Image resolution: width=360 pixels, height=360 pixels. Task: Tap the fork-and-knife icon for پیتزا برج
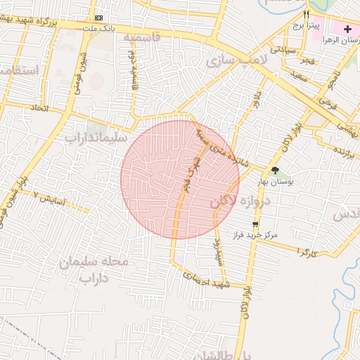point(306,15)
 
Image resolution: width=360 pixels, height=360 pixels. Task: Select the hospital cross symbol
point(347,29)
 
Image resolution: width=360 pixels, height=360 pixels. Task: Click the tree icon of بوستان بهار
point(275,170)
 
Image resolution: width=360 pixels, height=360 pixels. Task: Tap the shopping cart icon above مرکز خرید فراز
point(255,224)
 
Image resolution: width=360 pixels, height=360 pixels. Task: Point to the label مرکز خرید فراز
point(258,234)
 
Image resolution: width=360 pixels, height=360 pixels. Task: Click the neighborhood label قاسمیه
point(142,36)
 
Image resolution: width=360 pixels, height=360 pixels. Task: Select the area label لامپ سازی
point(236,62)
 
